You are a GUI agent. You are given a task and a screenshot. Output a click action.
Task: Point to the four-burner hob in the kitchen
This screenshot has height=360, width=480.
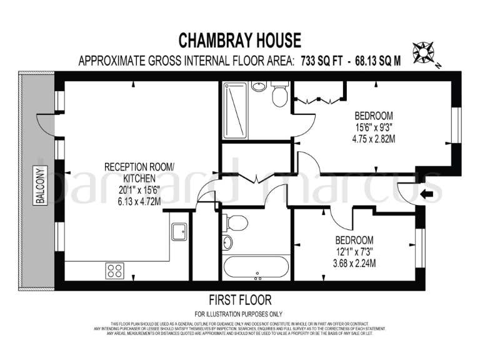(x=114, y=271)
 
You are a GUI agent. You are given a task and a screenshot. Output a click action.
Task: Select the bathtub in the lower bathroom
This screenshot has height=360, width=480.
(x=256, y=268)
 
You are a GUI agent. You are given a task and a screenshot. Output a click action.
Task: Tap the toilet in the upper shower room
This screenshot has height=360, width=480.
(x=278, y=96)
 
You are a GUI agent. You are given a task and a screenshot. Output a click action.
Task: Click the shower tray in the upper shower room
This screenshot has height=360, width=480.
(x=236, y=109)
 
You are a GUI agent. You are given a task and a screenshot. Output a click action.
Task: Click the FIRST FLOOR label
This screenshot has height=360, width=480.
(x=240, y=301)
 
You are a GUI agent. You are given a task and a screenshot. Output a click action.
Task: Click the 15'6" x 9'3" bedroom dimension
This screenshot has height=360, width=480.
(x=373, y=127)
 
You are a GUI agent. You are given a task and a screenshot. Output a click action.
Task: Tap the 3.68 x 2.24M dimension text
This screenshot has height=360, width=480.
(x=354, y=262)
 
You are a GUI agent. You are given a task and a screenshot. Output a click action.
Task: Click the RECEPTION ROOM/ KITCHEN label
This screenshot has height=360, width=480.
(x=140, y=172)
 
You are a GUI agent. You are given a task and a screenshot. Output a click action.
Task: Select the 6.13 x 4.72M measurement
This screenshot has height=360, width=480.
(x=140, y=201)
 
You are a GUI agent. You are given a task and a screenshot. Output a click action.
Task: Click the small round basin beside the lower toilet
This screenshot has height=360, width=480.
(x=227, y=242)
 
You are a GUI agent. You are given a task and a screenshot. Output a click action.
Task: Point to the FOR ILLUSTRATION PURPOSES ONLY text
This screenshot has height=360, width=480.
(x=240, y=314)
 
